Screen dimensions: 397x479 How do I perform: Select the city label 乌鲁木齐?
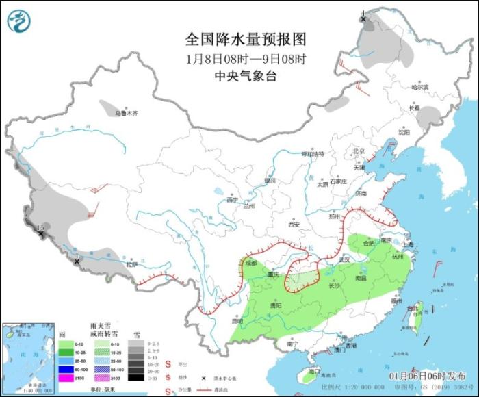126,113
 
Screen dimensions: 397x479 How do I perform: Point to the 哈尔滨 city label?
419,88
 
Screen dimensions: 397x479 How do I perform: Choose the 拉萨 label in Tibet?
131,264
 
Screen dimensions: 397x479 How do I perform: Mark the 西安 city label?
294,224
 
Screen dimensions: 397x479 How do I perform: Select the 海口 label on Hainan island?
314,370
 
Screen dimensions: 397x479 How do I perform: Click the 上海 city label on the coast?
409,244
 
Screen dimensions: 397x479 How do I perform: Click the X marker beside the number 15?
42,234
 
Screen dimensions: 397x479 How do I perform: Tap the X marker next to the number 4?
363,21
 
